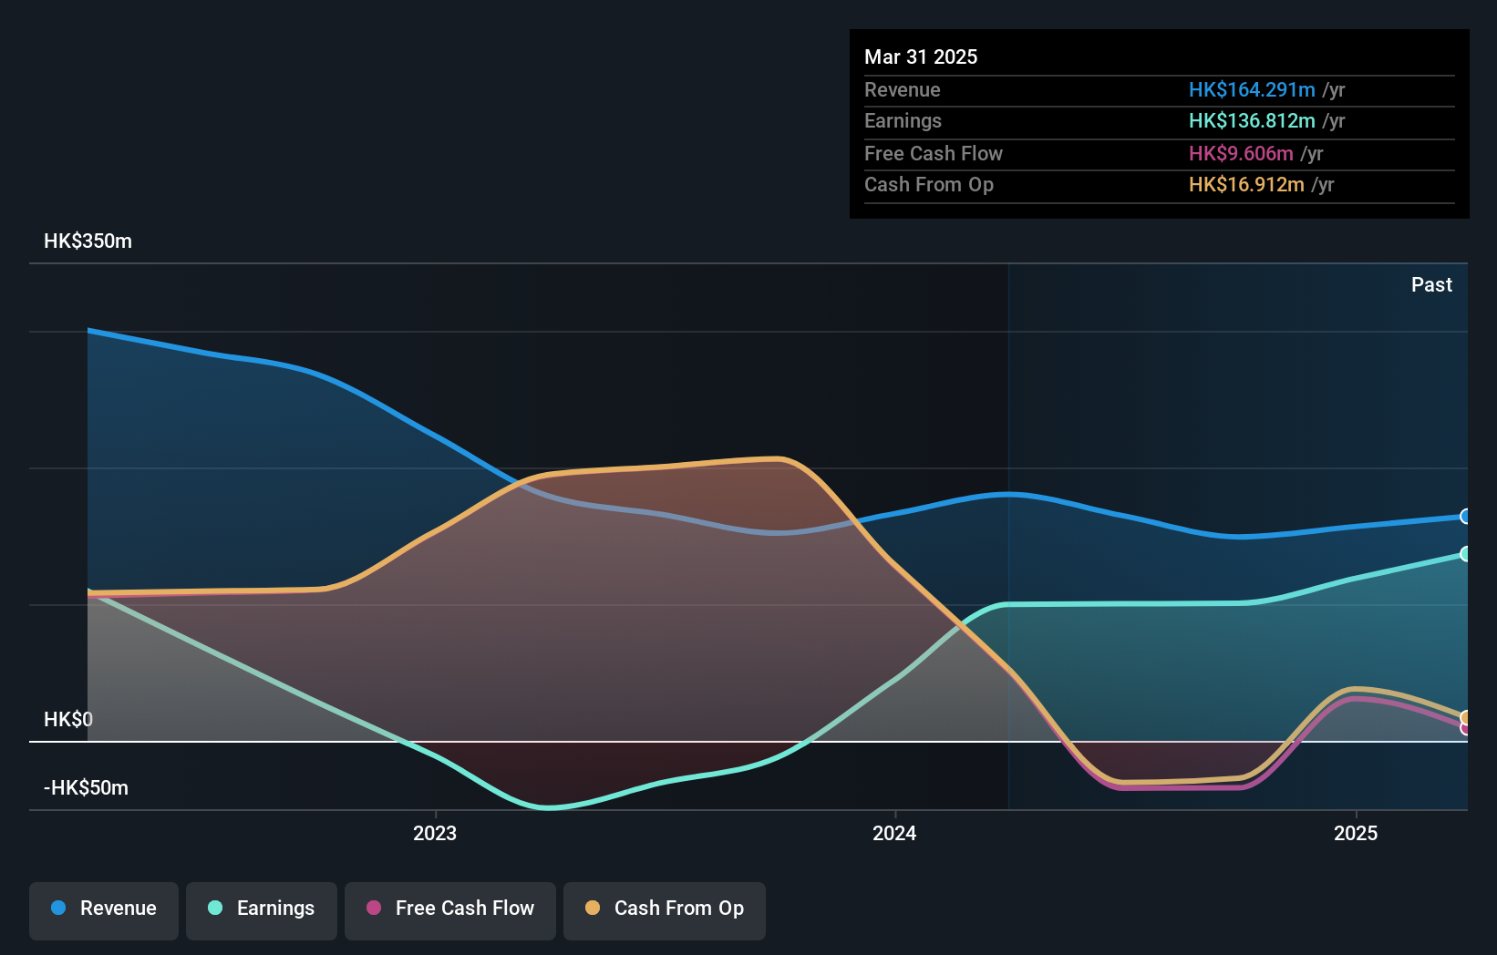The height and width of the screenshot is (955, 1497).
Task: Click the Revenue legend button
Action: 104,909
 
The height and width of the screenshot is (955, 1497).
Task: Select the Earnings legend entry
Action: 262,909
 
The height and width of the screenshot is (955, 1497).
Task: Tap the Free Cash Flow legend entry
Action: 450,909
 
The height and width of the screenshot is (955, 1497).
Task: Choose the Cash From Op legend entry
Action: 665,909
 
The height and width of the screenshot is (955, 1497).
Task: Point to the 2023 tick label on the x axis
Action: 435,834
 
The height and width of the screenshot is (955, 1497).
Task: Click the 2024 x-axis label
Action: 894,834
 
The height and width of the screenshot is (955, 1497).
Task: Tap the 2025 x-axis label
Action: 1356,834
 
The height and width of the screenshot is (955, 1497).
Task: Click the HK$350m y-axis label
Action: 88,241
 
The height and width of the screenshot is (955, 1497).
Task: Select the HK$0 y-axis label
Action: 68,720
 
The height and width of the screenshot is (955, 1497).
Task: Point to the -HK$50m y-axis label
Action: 86,788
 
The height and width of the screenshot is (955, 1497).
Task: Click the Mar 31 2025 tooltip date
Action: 921,57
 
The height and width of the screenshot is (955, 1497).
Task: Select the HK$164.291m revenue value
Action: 1251,90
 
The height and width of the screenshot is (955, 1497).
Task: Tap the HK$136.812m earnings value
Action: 1251,121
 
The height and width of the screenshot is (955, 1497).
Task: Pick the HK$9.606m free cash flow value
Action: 1240,154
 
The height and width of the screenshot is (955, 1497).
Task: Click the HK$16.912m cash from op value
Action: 1245,185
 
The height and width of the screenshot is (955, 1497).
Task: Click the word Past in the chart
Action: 1431,285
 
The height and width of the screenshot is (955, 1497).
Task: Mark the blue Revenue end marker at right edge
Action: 1465,517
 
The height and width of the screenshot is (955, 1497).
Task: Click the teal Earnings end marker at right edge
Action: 1465,554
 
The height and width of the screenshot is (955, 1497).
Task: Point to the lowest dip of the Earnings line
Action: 549,807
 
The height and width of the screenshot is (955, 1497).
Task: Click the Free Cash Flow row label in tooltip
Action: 933,154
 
